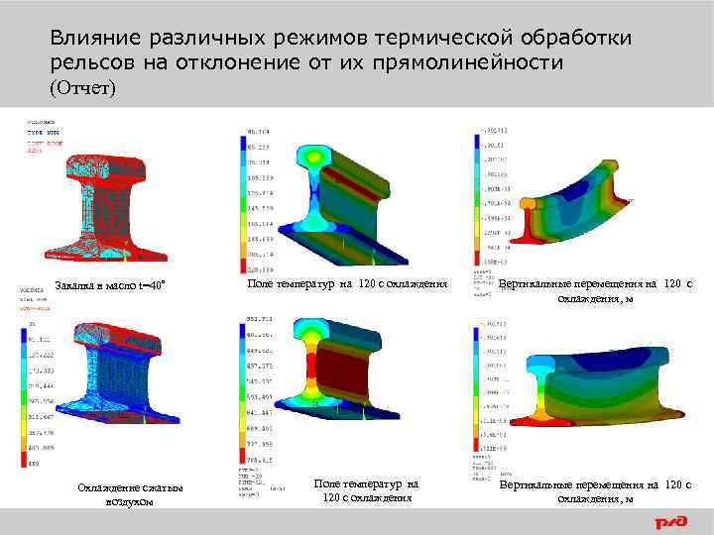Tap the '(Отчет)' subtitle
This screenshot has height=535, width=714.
click(82, 88)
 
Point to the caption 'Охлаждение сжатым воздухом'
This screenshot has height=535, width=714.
click(116, 494)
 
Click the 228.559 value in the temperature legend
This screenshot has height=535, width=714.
click(261, 269)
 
